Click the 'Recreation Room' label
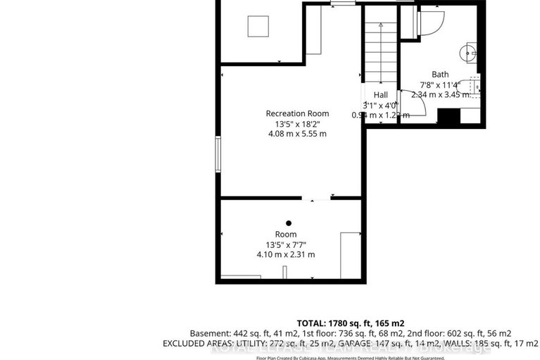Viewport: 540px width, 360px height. pyautogui.click(x=296, y=113)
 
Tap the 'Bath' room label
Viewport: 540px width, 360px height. pyautogui.click(x=440, y=75)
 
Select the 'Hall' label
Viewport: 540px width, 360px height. pyautogui.click(x=380, y=95)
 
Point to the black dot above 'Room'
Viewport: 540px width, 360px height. pyautogui.click(x=288, y=223)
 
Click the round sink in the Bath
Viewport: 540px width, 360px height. pyautogui.click(x=467, y=51)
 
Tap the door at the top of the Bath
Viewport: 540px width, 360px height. pyautogui.click(x=430, y=21)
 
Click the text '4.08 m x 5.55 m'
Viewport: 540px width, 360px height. pyautogui.click(x=296, y=134)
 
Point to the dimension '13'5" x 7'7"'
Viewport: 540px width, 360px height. pyautogui.click(x=286, y=244)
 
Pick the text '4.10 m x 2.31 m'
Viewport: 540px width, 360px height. pyautogui.click(x=286, y=254)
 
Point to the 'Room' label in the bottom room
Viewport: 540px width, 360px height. pyautogui.click(x=286, y=234)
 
